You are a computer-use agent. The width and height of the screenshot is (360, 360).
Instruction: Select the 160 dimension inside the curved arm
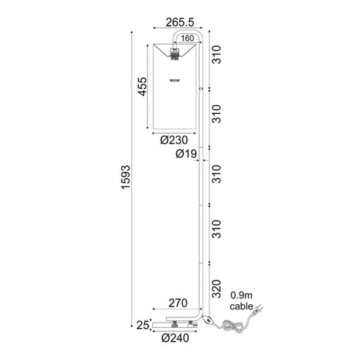[187, 37]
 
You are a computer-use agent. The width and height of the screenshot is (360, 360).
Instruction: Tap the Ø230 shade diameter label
[173, 138]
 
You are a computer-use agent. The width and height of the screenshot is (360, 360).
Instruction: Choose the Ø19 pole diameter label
[186, 154]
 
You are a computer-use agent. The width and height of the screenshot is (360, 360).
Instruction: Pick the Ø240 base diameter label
[175, 339]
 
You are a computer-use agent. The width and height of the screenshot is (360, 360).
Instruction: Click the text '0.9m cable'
[243, 300]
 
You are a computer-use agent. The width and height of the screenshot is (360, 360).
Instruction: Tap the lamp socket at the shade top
[176, 53]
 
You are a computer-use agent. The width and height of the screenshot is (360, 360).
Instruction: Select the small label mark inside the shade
[175, 79]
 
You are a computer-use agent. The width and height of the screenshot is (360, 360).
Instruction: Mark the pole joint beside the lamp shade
[202, 88]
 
